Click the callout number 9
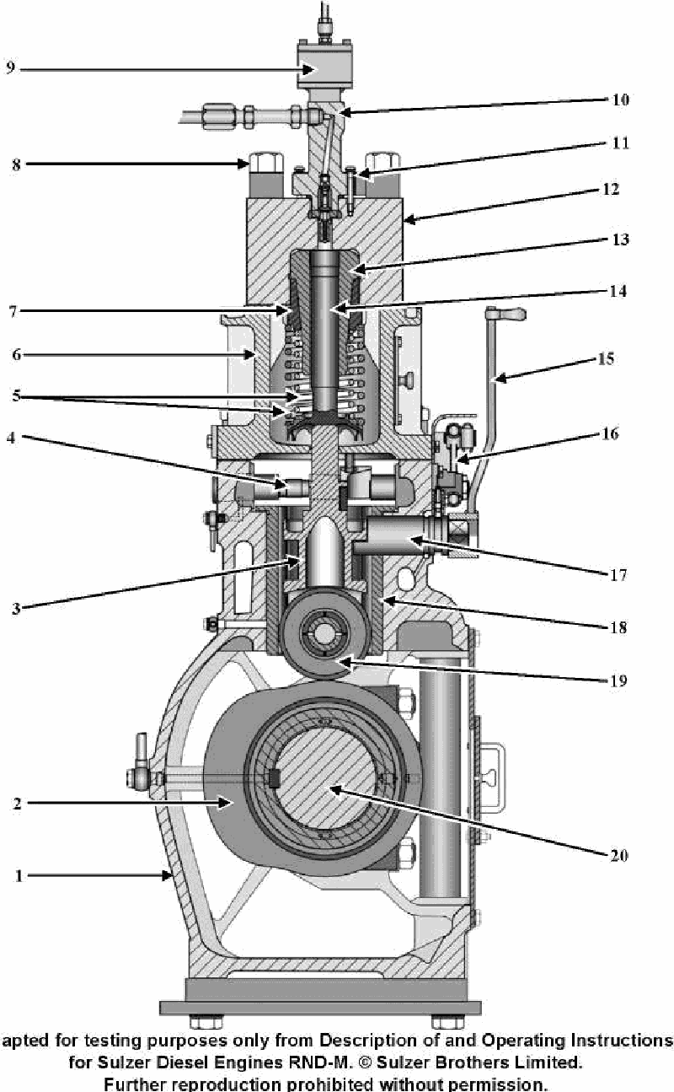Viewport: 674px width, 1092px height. click(9, 68)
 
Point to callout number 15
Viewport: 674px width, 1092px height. click(606, 358)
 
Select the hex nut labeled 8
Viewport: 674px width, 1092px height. click(261, 162)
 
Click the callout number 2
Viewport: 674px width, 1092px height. click(18, 803)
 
